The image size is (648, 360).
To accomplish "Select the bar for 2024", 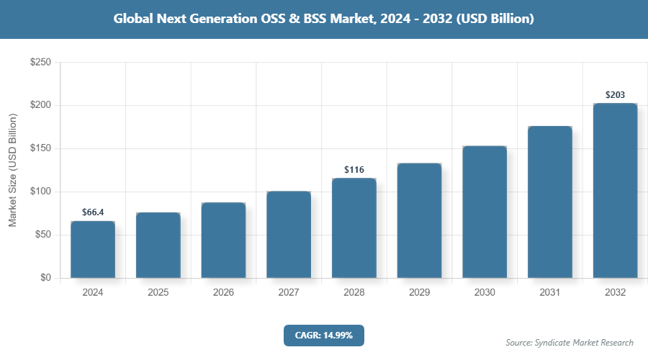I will (x=93, y=249).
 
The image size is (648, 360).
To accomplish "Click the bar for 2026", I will (x=223, y=240).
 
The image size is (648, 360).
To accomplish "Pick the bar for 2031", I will (x=550, y=202).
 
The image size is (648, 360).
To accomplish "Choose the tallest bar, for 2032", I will (x=615, y=191).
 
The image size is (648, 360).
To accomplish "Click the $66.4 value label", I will (x=93, y=212).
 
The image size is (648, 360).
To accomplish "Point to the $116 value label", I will (x=354, y=170).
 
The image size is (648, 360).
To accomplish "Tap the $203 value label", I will (x=615, y=94).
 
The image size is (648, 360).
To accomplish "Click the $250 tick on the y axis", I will (x=40, y=63).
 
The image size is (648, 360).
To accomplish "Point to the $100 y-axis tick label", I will (x=40, y=192).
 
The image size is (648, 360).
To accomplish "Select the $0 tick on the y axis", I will (x=45, y=278).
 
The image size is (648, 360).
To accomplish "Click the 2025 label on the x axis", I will (x=158, y=293).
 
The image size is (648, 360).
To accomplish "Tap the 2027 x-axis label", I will (x=289, y=293).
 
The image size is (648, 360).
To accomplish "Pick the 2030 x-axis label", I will (x=485, y=293).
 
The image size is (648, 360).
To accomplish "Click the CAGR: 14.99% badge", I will (x=323, y=336).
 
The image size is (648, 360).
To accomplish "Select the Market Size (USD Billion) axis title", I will (x=12, y=170).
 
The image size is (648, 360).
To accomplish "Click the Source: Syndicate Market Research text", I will (x=569, y=342).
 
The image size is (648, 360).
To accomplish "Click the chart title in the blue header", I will (x=323, y=19).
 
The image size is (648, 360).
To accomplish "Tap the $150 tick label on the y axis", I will (x=40, y=149).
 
